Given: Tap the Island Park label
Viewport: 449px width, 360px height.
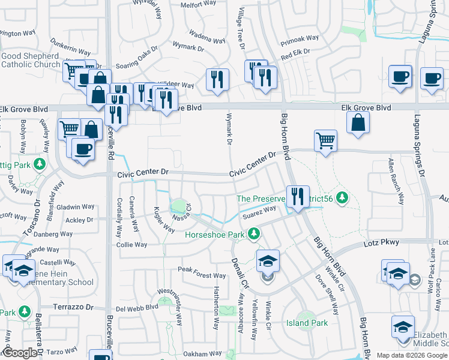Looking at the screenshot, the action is (306, 323).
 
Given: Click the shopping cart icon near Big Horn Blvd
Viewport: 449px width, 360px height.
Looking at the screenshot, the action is (325, 141).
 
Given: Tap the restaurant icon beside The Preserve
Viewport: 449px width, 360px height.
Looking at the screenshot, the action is (297, 196).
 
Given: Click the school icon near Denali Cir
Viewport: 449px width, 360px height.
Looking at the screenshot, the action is (268, 260).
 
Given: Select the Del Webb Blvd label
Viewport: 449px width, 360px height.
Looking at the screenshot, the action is (136, 308).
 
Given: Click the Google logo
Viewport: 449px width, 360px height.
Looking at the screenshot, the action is (20, 353).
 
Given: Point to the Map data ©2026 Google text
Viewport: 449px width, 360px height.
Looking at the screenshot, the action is (412, 355).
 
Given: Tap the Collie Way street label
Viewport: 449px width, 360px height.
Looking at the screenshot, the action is (131, 245).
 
